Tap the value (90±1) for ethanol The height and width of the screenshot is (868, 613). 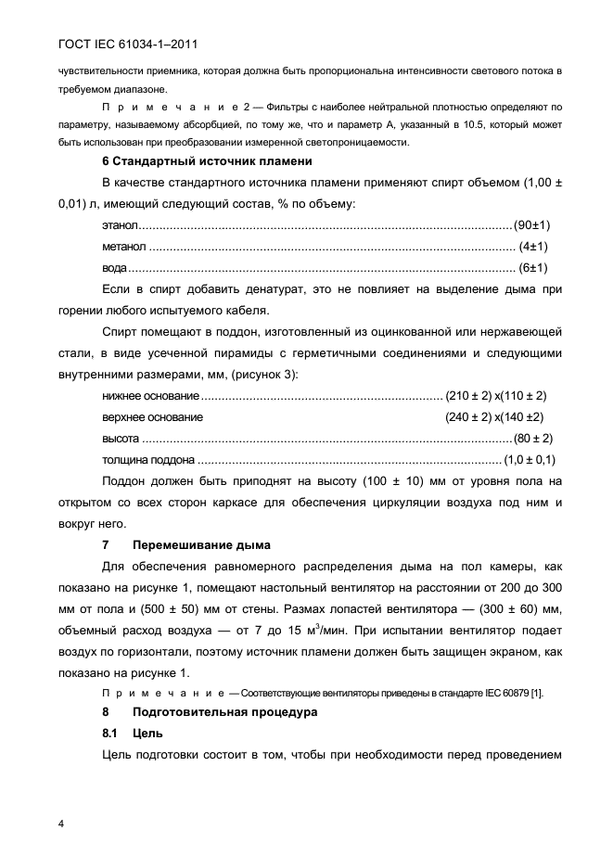pyautogui.click(x=533, y=225)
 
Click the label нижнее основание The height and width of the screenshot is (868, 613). pyautogui.click(x=149, y=395)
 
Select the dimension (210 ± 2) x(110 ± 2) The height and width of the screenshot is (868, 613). pyautogui.click(x=509, y=395)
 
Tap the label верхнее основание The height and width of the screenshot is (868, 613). pyautogui.click(x=151, y=416)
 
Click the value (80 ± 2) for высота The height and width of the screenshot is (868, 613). pyautogui.click(x=533, y=438)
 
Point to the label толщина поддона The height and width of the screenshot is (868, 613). pyautogui.click(x=148, y=459)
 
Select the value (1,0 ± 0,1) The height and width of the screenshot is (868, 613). pyautogui.click(x=529, y=459)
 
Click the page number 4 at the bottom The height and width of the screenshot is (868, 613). pyautogui.click(x=60, y=823)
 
